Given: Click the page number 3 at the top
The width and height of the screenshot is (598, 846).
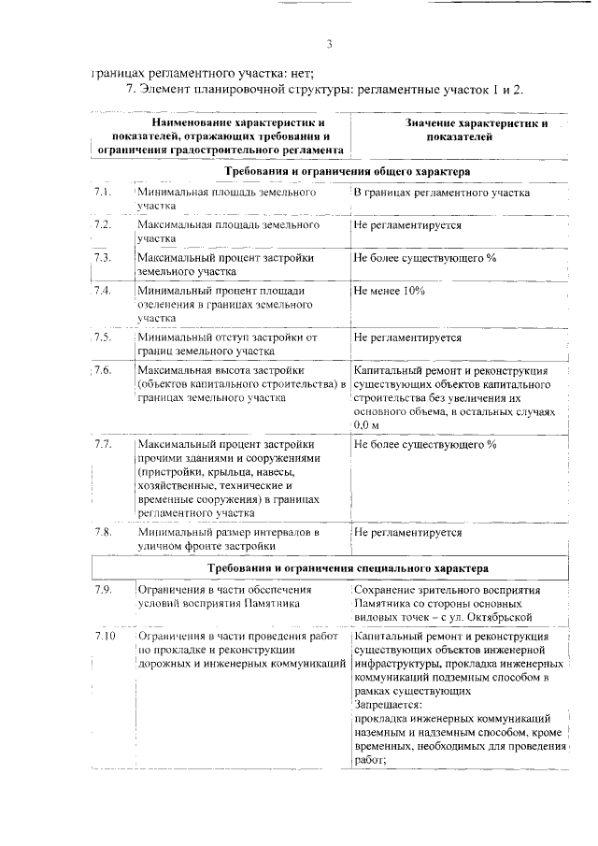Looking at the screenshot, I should tap(330, 44).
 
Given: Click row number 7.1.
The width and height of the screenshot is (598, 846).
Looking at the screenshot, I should tap(103, 193).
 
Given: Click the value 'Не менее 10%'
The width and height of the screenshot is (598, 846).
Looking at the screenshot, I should tap(390, 291).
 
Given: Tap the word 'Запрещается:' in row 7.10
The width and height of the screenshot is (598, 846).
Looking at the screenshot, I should tap(388, 704).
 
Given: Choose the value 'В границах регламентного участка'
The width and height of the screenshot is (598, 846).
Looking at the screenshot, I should tap(442, 193).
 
